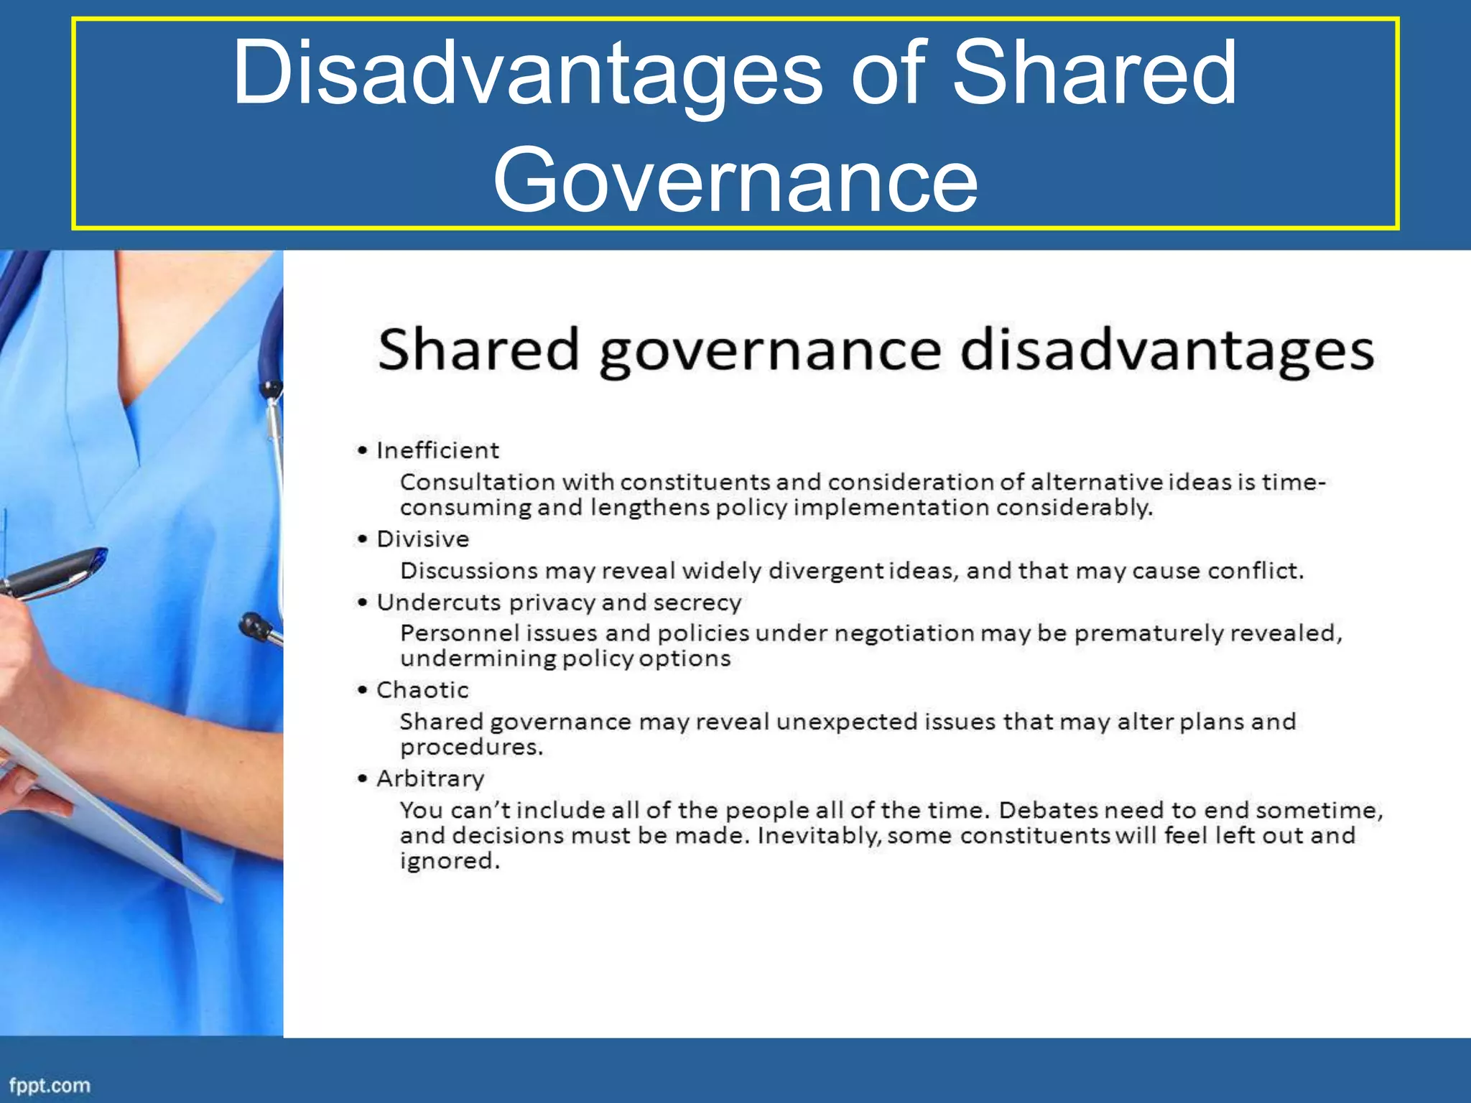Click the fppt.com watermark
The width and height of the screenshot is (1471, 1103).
[50, 1085]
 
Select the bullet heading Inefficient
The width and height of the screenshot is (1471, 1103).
[437, 450]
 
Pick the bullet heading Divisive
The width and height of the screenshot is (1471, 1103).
[422, 539]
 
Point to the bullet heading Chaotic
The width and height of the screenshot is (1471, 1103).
[422, 690]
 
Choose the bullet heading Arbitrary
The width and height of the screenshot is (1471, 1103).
[430, 778]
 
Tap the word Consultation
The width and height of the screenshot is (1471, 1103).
[477, 482]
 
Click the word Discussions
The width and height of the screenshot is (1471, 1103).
[468, 571]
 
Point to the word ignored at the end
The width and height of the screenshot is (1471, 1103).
[449, 860]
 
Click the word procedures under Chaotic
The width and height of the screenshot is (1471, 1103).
[471, 747]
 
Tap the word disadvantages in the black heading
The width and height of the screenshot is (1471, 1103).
[1166, 350]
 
